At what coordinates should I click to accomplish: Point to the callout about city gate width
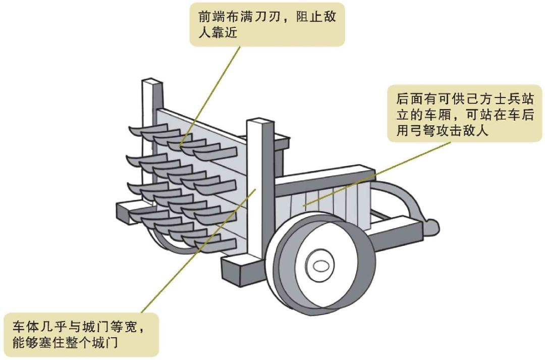pyautogui.click(x=81, y=334)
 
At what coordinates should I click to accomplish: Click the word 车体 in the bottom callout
pyautogui.click(x=23, y=326)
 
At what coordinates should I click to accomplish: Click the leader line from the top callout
pyautogui.click(x=212, y=91)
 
